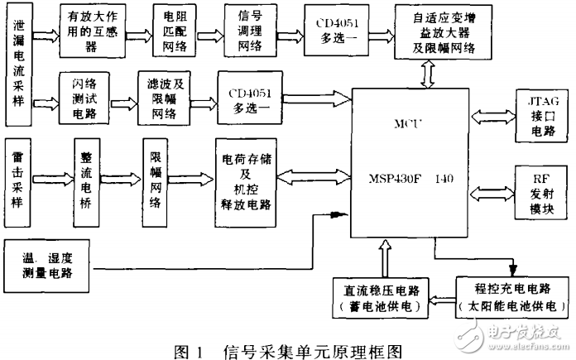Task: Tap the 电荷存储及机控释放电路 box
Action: [245, 176]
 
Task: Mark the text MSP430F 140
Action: [412, 176]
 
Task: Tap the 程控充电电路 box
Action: [512, 296]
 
